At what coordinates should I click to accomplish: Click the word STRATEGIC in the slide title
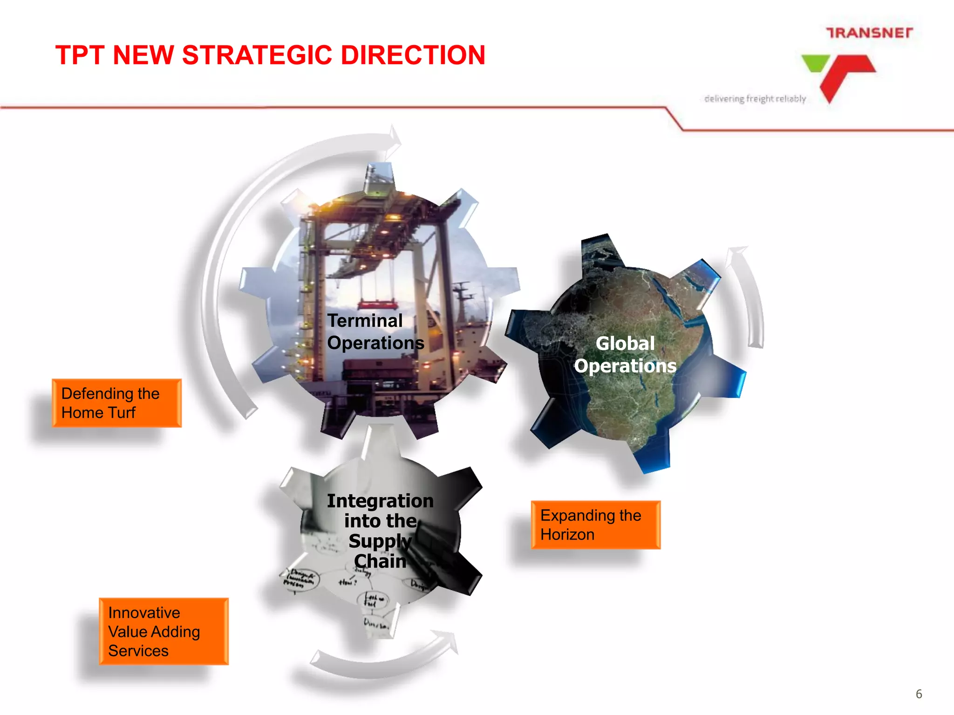pyautogui.click(x=258, y=55)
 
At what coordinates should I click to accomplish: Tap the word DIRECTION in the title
pyautogui.click(x=413, y=55)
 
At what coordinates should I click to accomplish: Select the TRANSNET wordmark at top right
pyautogui.click(x=869, y=33)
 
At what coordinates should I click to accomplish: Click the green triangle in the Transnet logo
pyautogui.click(x=815, y=63)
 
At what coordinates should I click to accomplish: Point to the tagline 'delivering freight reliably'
pyautogui.click(x=755, y=99)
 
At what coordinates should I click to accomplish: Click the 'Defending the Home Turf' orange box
pyautogui.click(x=116, y=403)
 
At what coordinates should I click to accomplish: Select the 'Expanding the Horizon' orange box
pyautogui.click(x=595, y=525)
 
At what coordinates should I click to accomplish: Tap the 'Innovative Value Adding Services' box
pyautogui.click(x=164, y=632)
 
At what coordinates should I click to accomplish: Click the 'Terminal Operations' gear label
pyautogui.click(x=375, y=331)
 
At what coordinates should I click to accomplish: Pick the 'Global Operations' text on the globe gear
pyautogui.click(x=625, y=355)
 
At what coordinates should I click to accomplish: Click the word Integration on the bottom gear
pyautogui.click(x=380, y=501)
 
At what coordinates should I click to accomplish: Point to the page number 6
pyautogui.click(x=919, y=694)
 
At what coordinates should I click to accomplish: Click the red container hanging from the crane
pyautogui.click(x=377, y=305)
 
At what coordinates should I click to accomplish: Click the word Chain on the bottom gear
pyautogui.click(x=380, y=561)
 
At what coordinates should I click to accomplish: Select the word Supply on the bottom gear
pyautogui.click(x=380, y=541)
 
